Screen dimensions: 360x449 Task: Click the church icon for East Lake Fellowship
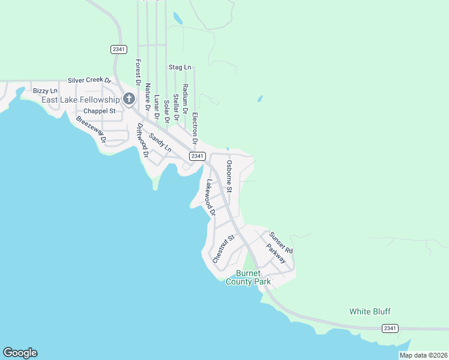(x=128, y=99)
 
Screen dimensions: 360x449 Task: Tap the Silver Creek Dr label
(x=89, y=80)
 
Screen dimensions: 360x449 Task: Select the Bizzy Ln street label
(x=45, y=91)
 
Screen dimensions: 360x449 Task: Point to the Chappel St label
(x=99, y=111)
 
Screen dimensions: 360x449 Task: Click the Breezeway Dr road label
(x=91, y=129)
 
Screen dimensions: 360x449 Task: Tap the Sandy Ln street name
(x=160, y=142)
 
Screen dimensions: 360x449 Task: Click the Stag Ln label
(x=179, y=67)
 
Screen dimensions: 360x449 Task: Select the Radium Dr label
(x=185, y=100)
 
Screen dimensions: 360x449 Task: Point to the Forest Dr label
(x=138, y=71)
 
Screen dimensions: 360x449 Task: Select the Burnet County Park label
(x=248, y=277)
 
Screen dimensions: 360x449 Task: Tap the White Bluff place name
(x=370, y=311)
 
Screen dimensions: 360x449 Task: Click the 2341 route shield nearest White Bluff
(x=390, y=328)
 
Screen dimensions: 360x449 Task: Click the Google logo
(x=20, y=353)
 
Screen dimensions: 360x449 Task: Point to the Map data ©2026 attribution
(x=423, y=355)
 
